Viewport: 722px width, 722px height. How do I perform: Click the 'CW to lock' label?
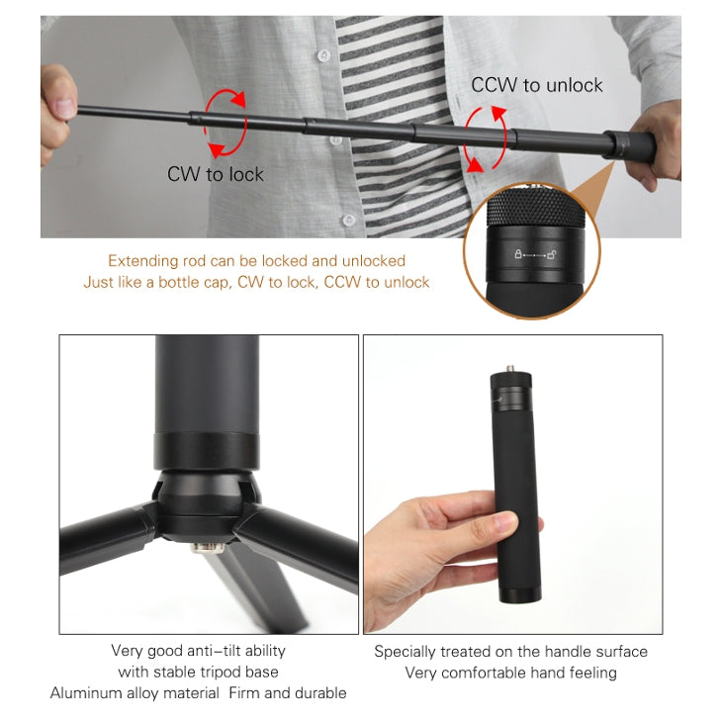(x=215, y=174)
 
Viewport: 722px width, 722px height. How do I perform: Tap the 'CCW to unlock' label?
(x=537, y=85)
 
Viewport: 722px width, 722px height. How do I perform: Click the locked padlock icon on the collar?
(x=518, y=254)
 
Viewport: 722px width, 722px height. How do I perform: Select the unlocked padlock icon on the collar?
(x=552, y=254)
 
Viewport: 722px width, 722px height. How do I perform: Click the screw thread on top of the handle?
(x=510, y=368)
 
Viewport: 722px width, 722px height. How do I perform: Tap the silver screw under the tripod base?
(x=208, y=548)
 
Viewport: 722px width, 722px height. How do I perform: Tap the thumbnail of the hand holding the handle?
(x=513, y=485)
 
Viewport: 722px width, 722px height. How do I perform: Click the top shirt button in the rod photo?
(x=324, y=55)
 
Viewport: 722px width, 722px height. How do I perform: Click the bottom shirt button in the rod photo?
(x=348, y=221)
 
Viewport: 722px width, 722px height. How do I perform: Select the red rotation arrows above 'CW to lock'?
(x=225, y=124)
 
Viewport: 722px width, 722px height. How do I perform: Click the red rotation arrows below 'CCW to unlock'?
(x=485, y=139)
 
